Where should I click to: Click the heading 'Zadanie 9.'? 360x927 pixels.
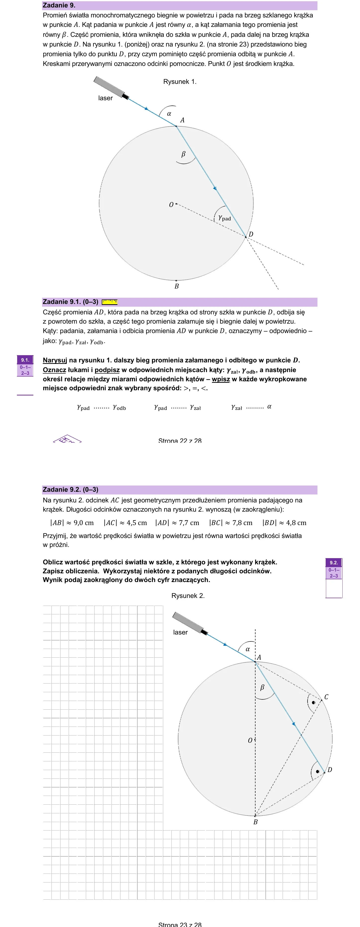click(59, 5)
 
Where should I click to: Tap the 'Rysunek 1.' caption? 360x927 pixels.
click(180, 82)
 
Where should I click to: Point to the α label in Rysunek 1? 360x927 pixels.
click(169, 114)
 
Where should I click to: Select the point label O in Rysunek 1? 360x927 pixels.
click(171, 205)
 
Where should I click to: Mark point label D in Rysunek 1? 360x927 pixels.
click(251, 234)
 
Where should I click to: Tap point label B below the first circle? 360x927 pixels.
click(176, 287)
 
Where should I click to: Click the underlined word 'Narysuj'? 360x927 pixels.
click(55, 360)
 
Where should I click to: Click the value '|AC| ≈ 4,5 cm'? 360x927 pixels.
click(125, 523)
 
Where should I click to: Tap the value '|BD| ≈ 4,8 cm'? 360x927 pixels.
click(284, 523)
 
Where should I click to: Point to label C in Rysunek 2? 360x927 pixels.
click(326, 697)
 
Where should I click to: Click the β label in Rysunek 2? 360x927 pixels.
click(262, 687)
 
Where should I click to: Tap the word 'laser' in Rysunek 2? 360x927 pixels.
click(180, 632)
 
